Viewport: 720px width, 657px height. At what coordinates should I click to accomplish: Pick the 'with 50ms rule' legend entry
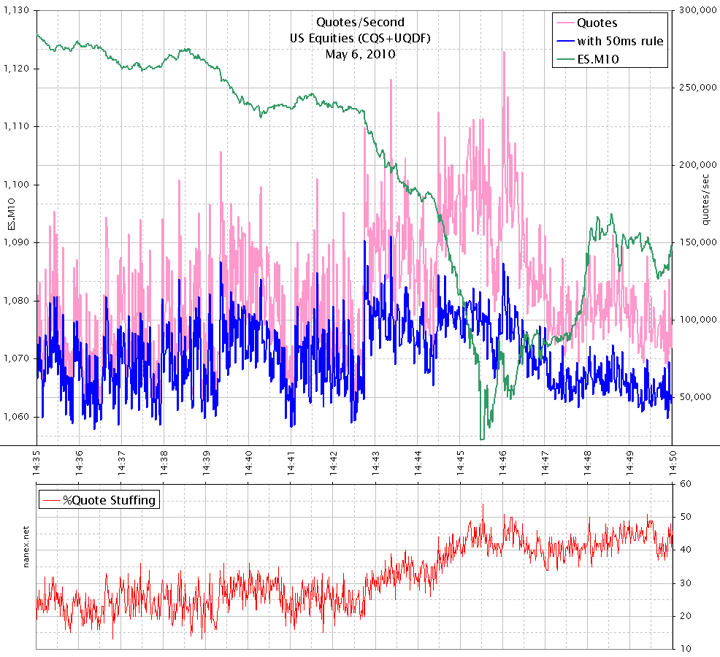pyautogui.click(x=620, y=41)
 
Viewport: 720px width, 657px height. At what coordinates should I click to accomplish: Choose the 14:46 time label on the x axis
pyautogui.click(x=503, y=461)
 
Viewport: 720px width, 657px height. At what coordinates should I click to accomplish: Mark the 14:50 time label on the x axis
pyautogui.click(x=672, y=461)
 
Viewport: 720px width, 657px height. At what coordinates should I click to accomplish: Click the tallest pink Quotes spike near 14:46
pyautogui.click(x=503, y=53)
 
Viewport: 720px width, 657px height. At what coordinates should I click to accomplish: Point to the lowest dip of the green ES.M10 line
pyautogui.click(x=482, y=439)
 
